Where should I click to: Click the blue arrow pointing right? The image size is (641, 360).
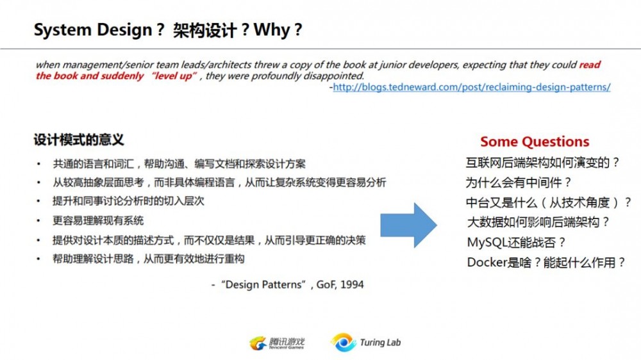pos(408,225)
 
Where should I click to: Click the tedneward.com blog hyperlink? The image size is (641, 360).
pos(472,87)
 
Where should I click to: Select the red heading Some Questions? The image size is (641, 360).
pos(535,142)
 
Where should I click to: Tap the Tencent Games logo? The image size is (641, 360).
pos(277,343)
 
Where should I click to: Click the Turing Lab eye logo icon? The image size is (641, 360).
pos(344,343)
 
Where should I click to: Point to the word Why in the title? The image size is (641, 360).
pos(272,30)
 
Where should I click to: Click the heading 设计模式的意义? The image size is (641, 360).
pos(78,140)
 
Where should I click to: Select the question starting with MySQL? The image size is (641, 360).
pos(516,242)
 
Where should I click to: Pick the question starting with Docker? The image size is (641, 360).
pos(546,263)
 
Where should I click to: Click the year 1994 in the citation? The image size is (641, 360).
pos(351,285)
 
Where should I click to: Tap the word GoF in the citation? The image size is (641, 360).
pos(326,285)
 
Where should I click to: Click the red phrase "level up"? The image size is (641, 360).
pos(174,76)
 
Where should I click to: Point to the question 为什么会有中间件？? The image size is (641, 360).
pos(519,183)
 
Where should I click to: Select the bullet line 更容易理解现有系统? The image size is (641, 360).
pos(98,221)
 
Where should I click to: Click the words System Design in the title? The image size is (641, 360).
pos(93,30)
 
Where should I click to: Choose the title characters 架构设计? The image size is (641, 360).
pos(204,30)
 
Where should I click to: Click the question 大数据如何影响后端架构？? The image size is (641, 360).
pos(538,222)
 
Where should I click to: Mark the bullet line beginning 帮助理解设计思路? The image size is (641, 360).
pos(149,259)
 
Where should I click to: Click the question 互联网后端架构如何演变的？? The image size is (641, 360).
pos(542,163)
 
